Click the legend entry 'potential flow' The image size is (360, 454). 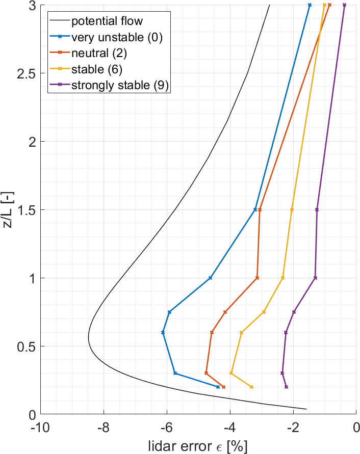point(107,21)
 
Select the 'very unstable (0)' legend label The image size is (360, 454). point(117,37)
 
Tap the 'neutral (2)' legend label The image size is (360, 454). point(99,53)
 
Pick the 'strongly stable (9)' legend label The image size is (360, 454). point(120,85)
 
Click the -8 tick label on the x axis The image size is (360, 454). point(104,426)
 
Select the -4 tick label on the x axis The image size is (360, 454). point(230,426)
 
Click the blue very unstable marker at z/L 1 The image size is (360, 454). point(210,278)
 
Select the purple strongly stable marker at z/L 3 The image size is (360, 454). point(344,5)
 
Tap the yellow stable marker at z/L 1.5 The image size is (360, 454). point(292,209)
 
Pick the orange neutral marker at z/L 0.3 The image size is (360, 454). point(207,373)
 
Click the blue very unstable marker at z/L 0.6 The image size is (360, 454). point(163,332)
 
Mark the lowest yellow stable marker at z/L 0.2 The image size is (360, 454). point(251,387)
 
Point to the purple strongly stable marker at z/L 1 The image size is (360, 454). point(315,278)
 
